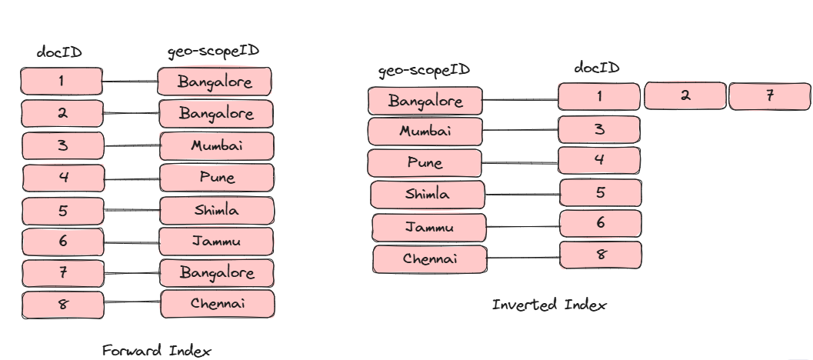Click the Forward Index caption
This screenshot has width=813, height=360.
coord(156,351)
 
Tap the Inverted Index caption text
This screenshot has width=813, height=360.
coord(549,305)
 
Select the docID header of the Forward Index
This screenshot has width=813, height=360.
coord(59,53)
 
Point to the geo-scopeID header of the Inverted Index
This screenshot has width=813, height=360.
coord(424,71)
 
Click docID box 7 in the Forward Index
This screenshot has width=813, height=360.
coord(62,272)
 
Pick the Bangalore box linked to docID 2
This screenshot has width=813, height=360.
coord(216,113)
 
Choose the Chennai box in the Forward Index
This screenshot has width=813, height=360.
coord(218,304)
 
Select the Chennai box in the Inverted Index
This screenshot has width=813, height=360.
coord(430,259)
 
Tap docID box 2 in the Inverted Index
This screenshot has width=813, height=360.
coord(685,96)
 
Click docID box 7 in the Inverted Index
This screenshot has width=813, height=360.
coord(769,96)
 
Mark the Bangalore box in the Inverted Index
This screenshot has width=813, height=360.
coord(425,101)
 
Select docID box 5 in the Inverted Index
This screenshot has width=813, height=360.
coord(600,192)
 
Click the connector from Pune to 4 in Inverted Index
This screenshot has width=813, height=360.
coord(520,162)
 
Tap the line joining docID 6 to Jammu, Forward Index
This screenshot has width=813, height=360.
coord(131,242)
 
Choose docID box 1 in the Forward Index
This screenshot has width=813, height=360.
coord(62,81)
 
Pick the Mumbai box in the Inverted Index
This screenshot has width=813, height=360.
coord(425,132)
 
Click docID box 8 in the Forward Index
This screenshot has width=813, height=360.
coord(62,305)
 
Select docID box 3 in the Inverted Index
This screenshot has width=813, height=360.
coord(600,128)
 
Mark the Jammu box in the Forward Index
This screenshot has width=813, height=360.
coord(216,242)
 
